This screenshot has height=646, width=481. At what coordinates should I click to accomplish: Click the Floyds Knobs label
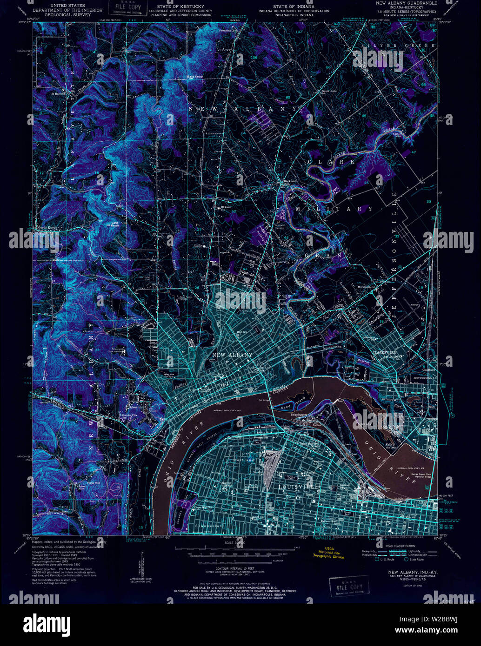click(46, 228)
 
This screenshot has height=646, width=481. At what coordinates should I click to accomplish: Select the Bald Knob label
click(194, 77)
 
